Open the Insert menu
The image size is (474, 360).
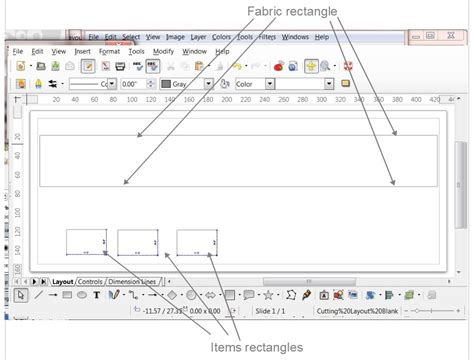(82, 51)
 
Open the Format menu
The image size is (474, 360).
(109, 51)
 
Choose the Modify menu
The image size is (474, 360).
(164, 51)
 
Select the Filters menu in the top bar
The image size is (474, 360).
(267, 37)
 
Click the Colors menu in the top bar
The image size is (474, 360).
(221, 37)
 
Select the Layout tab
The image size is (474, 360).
(63, 282)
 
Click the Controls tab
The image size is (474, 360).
(90, 282)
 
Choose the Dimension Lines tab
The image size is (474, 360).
(131, 282)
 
